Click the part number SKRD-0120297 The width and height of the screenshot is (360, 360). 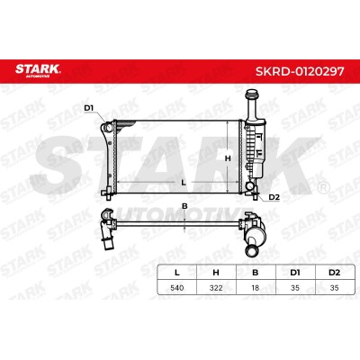(300, 71)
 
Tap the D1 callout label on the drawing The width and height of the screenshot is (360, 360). (89, 108)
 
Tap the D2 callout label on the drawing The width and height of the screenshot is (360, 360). (274, 197)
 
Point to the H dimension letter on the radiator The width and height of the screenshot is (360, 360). (228, 158)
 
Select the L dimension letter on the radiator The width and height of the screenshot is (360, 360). (184, 182)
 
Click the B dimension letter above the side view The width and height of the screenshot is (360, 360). (184, 206)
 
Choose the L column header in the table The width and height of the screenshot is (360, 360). (177, 273)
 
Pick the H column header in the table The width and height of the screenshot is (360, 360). (216, 273)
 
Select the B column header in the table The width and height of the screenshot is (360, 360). (256, 273)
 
